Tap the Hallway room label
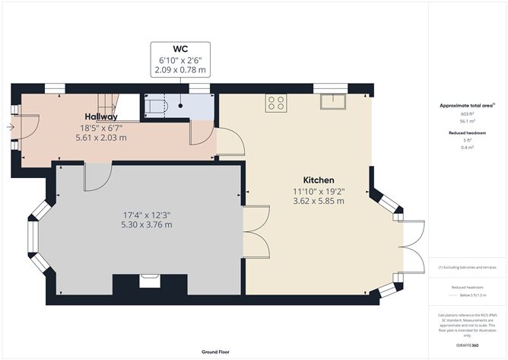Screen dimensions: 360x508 [x=100, y=116]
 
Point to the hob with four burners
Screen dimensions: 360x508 [x=275, y=103]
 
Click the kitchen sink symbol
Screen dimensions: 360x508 [x=332, y=101]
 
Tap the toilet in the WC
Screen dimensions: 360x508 [x=158, y=107]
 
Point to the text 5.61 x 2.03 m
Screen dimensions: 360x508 [x=100, y=138]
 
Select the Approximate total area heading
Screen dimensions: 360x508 [x=466, y=106]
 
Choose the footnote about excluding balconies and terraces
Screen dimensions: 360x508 [x=466, y=268]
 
